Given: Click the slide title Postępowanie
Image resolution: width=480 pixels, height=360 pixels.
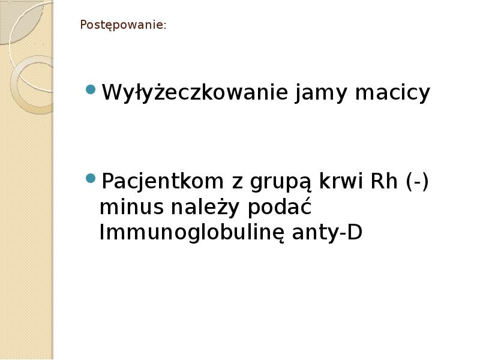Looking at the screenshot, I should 122,26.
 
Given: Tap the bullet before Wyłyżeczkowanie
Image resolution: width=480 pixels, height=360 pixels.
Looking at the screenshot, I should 91,90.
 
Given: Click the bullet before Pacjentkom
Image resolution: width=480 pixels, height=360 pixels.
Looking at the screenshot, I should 91,178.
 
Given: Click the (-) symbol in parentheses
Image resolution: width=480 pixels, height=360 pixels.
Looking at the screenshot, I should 417,181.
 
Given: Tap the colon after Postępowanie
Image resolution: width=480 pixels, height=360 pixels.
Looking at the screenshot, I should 165,26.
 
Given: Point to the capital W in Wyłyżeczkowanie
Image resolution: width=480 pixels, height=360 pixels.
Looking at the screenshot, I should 111,93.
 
